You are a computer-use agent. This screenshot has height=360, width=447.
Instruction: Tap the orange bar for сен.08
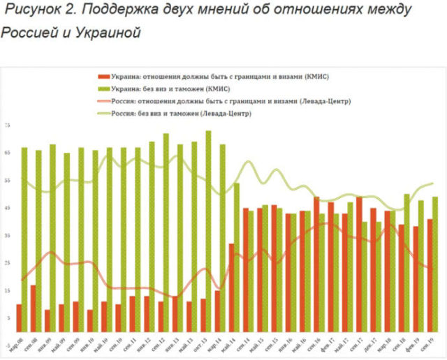33,308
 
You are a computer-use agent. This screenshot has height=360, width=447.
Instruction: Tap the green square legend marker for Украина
102,88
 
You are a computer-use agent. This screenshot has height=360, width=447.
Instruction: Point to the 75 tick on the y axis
7,125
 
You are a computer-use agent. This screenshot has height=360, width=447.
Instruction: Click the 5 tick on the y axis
8,318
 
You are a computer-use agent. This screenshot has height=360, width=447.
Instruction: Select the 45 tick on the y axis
7,208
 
